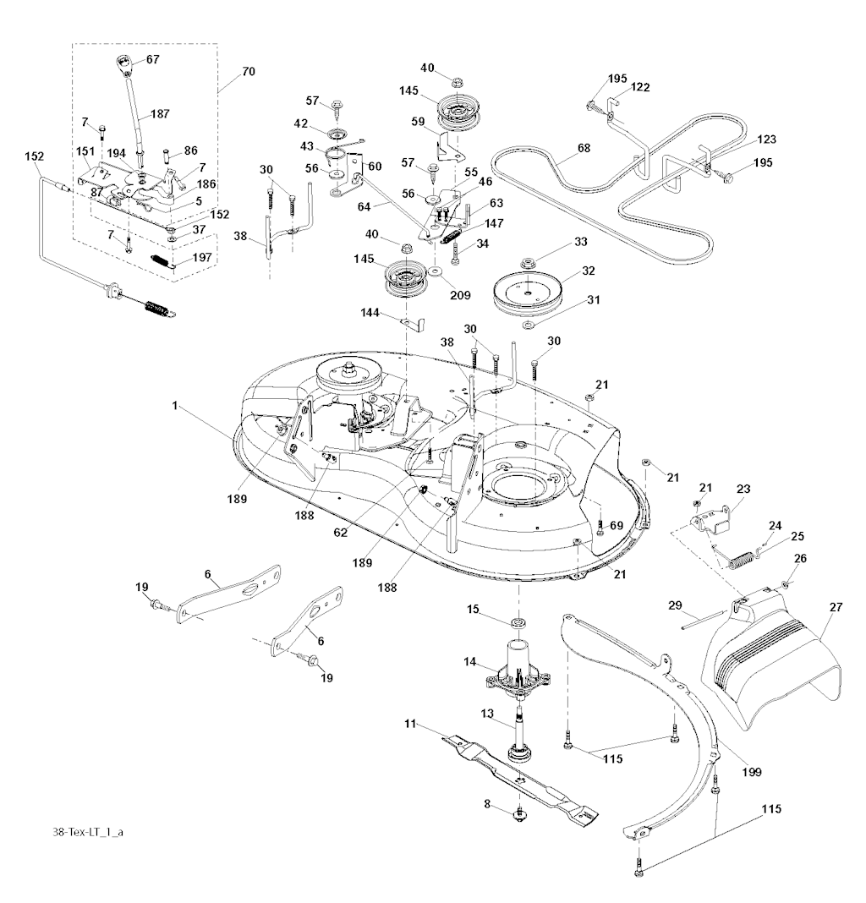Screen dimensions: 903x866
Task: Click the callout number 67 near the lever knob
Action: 152,59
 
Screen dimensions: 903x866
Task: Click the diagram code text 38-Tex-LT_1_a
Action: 87,833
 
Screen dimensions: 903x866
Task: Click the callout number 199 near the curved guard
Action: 751,771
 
